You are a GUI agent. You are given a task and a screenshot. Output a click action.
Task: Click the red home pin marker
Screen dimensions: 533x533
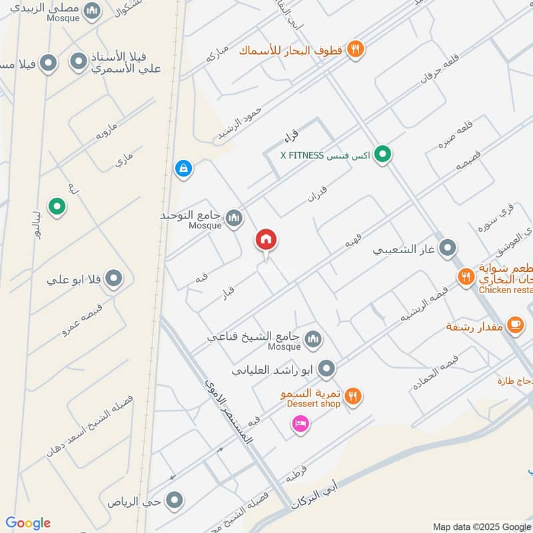pyautogui.click(x=266, y=240)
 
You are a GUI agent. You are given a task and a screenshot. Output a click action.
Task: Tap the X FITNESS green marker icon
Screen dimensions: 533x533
pyautogui.click(x=382, y=155)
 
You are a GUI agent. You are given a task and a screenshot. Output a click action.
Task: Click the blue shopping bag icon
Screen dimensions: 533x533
pyautogui.click(x=182, y=169)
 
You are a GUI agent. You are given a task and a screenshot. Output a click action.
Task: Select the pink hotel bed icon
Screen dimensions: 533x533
pyautogui.click(x=300, y=424)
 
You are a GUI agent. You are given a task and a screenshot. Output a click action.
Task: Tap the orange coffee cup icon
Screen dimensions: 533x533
pyautogui.click(x=514, y=324)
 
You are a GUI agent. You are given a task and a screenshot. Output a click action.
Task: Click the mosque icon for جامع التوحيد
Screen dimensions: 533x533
pyautogui.click(x=234, y=217)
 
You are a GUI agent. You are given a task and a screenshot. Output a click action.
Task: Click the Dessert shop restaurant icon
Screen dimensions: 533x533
pyautogui.click(x=354, y=396)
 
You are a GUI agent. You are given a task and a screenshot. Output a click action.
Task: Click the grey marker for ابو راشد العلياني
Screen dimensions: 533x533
pyautogui.click(x=326, y=368)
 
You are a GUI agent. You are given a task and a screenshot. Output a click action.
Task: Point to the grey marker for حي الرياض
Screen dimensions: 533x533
pyautogui.click(x=175, y=499)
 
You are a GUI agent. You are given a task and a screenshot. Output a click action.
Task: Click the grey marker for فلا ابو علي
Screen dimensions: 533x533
pyautogui.click(x=114, y=278)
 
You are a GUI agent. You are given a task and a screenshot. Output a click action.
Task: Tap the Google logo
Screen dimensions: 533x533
pyautogui.click(x=28, y=523)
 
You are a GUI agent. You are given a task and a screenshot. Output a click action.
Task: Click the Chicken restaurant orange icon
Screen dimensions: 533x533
pyautogui.click(x=465, y=275)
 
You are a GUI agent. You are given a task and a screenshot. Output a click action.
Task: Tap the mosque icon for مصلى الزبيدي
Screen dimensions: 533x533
pyautogui.click(x=93, y=11)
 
